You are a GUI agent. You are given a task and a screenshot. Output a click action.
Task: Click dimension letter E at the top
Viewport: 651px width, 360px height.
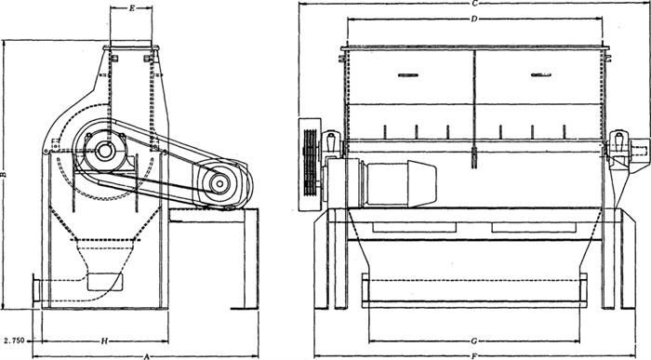tap(132, 7)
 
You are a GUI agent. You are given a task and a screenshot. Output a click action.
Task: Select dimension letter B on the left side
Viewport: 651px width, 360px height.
tap(3, 174)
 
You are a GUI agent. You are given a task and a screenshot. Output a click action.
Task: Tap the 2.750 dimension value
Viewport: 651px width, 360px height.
tap(13, 340)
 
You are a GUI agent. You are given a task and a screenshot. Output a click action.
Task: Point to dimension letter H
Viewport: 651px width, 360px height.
tap(104, 341)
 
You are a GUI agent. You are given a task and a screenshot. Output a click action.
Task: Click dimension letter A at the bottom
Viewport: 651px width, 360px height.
tap(146, 356)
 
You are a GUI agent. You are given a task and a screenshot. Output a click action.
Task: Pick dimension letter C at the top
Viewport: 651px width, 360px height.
tap(475, 4)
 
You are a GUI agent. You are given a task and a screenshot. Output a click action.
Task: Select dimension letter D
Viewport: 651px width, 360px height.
tap(474, 19)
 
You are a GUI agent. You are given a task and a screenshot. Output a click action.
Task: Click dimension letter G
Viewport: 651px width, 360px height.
tap(473, 341)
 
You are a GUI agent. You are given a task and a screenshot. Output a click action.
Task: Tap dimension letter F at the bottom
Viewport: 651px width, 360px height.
tap(474, 356)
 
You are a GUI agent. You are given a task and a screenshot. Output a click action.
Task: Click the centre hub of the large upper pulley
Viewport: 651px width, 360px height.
tap(104, 151)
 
